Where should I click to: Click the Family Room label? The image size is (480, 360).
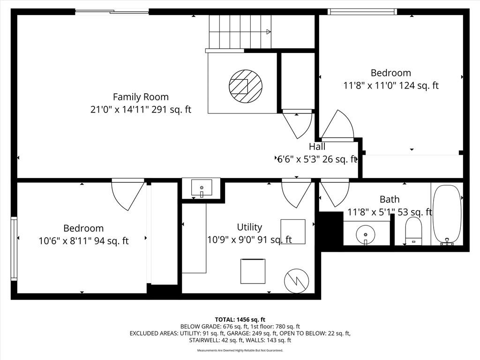click(141, 97)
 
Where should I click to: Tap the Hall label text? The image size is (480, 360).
click(317, 147)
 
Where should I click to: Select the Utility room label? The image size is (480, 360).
click(249, 227)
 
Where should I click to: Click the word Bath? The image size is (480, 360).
click(390, 199)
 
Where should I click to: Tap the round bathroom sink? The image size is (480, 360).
click(366, 234)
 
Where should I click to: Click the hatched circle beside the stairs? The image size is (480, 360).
click(246, 86)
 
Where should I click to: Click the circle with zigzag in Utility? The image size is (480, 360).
click(296, 281)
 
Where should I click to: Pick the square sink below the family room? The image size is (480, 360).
click(202, 187)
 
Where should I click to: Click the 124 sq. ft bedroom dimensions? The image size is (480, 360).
click(391, 85)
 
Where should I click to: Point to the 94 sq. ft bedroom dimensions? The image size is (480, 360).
click(83, 241)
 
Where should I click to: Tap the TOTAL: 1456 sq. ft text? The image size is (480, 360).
click(240, 320)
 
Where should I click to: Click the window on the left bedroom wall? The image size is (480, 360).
click(14, 248)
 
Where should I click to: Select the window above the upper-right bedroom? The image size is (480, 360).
click(362, 12)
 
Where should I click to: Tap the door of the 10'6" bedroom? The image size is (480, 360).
click(128, 195)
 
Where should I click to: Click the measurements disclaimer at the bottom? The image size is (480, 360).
click(240, 351)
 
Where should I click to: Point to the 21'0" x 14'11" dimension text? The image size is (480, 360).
click(141, 110)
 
